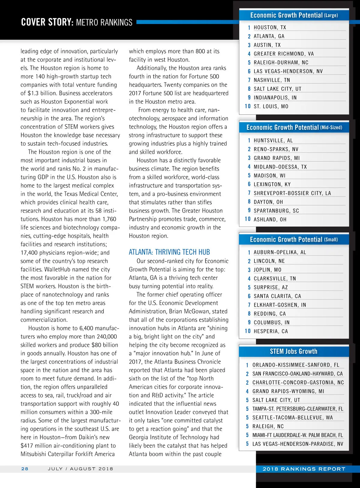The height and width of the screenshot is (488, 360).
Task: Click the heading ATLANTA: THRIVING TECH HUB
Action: (169, 252)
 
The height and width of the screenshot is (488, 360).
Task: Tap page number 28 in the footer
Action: (25, 468)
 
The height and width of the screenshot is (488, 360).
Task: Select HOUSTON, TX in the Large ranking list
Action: (270, 27)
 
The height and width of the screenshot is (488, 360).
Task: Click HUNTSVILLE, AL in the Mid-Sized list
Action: (273, 141)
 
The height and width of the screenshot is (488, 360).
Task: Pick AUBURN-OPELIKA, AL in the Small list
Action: (280, 252)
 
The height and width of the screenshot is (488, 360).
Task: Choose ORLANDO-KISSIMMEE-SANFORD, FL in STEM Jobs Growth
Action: (295, 365)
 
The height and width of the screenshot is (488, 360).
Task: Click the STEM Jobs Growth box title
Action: (293, 351)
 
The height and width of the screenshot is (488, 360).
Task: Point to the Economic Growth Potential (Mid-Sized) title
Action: (294, 127)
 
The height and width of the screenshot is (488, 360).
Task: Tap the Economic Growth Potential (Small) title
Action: (294, 239)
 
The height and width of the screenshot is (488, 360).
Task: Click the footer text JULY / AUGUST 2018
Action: (80, 468)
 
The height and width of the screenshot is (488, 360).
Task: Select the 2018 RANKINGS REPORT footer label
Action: (304, 469)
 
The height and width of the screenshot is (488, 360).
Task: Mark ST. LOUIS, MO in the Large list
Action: (271, 106)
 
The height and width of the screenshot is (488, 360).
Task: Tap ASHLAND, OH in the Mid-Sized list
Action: (270, 220)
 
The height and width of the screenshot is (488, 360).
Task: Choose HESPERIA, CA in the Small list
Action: (271, 331)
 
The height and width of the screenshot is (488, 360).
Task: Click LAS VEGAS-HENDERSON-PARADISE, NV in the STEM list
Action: (298, 444)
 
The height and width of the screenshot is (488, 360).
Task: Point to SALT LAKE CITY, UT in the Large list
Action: (277, 89)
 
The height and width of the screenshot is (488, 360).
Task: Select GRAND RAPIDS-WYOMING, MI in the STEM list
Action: (288, 391)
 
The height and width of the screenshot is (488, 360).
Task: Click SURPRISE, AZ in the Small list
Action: (271, 287)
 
